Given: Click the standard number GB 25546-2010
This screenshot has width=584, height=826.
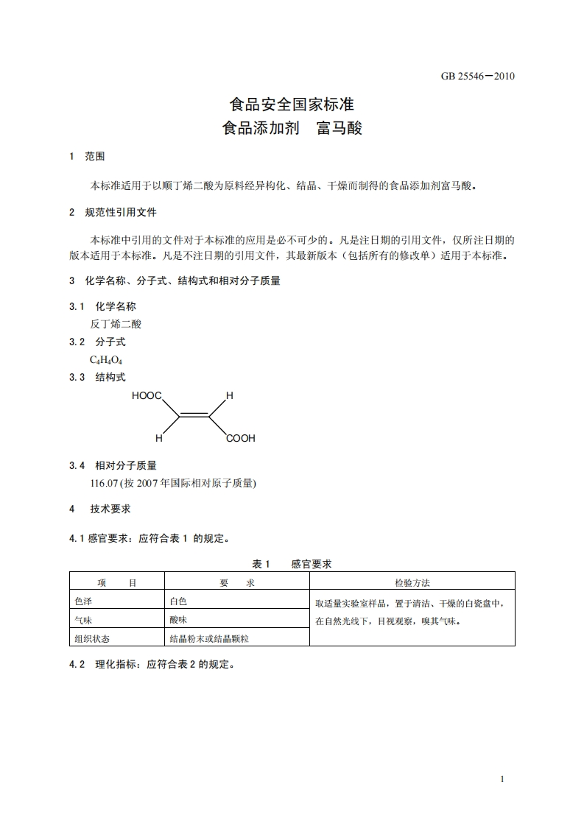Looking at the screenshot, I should [x=478, y=76].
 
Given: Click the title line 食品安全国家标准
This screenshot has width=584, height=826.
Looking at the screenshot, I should [x=292, y=105].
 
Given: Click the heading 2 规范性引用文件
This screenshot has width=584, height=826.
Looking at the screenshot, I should [x=113, y=212].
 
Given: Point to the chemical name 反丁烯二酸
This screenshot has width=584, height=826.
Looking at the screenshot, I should [x=116, y=324].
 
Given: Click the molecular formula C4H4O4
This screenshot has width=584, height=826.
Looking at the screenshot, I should [x=106, y=359].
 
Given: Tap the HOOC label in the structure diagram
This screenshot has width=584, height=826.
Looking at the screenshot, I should [x=147, y=396].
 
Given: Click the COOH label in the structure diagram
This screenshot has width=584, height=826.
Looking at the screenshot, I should [x=240, y=439].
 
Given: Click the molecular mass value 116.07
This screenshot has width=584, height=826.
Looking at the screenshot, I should [x=105, y=483].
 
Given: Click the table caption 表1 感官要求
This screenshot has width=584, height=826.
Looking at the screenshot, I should [x=292, y=564].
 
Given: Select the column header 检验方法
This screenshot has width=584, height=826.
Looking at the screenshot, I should [x=412, y=582].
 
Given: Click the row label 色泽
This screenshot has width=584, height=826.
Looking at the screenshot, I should [x=83, y=601].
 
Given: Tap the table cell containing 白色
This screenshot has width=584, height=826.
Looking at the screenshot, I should [x=178, y=601].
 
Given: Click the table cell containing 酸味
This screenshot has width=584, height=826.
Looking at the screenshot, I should [x=178, y=619].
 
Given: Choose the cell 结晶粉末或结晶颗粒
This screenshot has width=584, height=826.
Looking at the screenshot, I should [x=209, y=638].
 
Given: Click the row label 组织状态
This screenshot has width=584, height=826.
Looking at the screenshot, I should [x=92, y=638].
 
